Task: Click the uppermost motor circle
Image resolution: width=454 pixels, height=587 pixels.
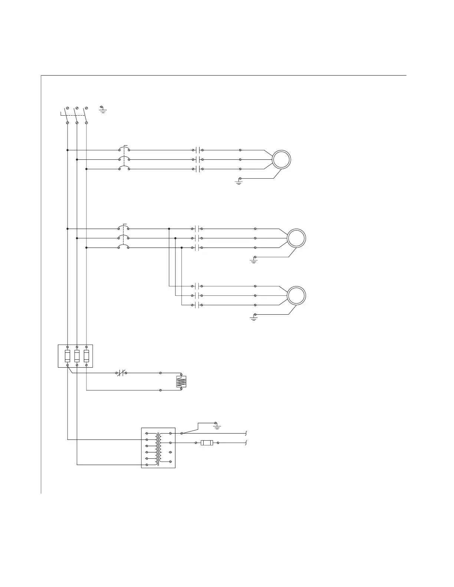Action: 281,160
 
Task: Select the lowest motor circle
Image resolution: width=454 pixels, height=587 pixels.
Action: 296,296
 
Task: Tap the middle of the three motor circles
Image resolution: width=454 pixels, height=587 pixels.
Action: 296,238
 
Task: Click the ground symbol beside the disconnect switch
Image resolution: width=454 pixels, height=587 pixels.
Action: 103,109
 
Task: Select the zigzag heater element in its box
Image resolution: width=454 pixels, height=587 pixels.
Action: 181,382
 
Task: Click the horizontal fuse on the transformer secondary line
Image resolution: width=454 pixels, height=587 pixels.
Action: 207,443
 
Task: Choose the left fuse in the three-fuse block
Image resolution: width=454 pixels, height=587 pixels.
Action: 68,356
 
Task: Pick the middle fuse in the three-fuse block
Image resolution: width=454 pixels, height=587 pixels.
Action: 77,356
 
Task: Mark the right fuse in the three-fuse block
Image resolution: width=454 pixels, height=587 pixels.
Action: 86,356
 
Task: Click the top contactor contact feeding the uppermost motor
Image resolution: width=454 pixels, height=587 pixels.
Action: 198,150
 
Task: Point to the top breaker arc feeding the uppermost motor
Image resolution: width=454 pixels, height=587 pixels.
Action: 124,149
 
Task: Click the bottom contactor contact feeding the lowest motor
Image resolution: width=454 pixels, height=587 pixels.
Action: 198,305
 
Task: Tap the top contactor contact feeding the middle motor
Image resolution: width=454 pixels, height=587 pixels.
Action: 198,229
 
